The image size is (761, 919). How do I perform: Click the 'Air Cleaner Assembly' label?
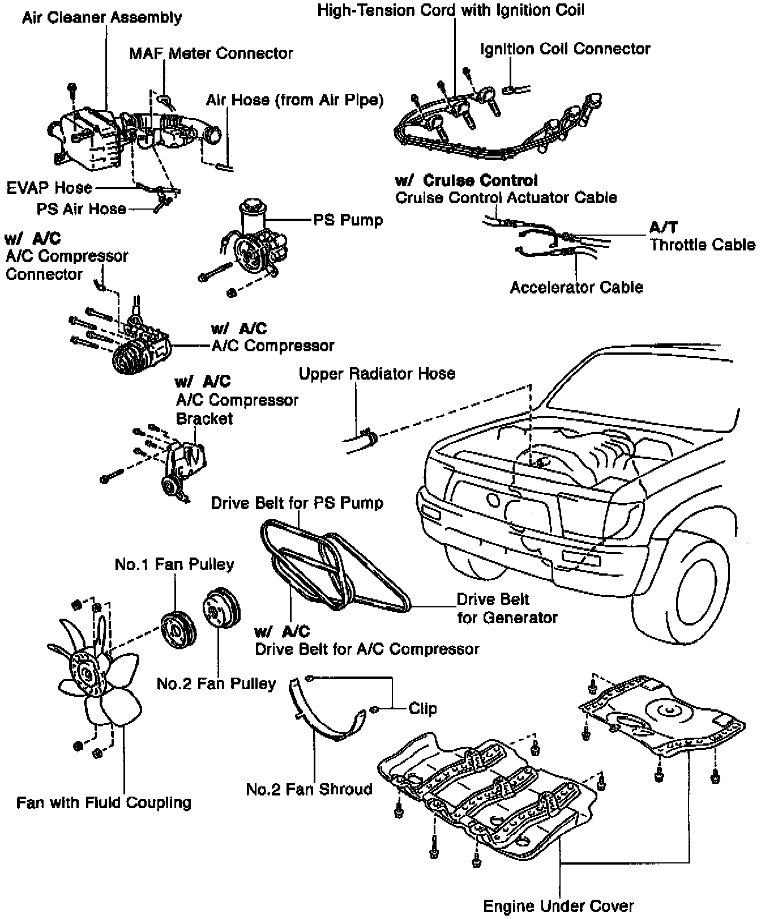point(102,18)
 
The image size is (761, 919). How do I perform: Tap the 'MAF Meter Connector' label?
point(211,54)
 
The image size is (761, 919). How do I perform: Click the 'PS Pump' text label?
point(348,220)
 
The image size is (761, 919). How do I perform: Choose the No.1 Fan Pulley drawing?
point(177,629)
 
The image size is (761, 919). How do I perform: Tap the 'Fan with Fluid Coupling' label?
point(104,802)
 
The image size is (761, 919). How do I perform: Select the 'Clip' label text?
point(422,709)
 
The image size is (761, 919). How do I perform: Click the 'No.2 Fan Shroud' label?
point(309,789)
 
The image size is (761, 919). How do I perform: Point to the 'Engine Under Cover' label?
point(558,906)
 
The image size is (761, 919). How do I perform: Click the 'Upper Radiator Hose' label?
point(377,374)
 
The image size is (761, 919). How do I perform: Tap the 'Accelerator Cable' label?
point(576,287)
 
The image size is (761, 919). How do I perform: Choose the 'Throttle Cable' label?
point(702,245)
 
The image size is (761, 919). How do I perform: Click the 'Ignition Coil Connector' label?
point(565,49)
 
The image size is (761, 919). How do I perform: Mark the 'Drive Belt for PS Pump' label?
point(297,503)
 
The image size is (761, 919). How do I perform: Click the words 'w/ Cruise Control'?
point(466,181)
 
